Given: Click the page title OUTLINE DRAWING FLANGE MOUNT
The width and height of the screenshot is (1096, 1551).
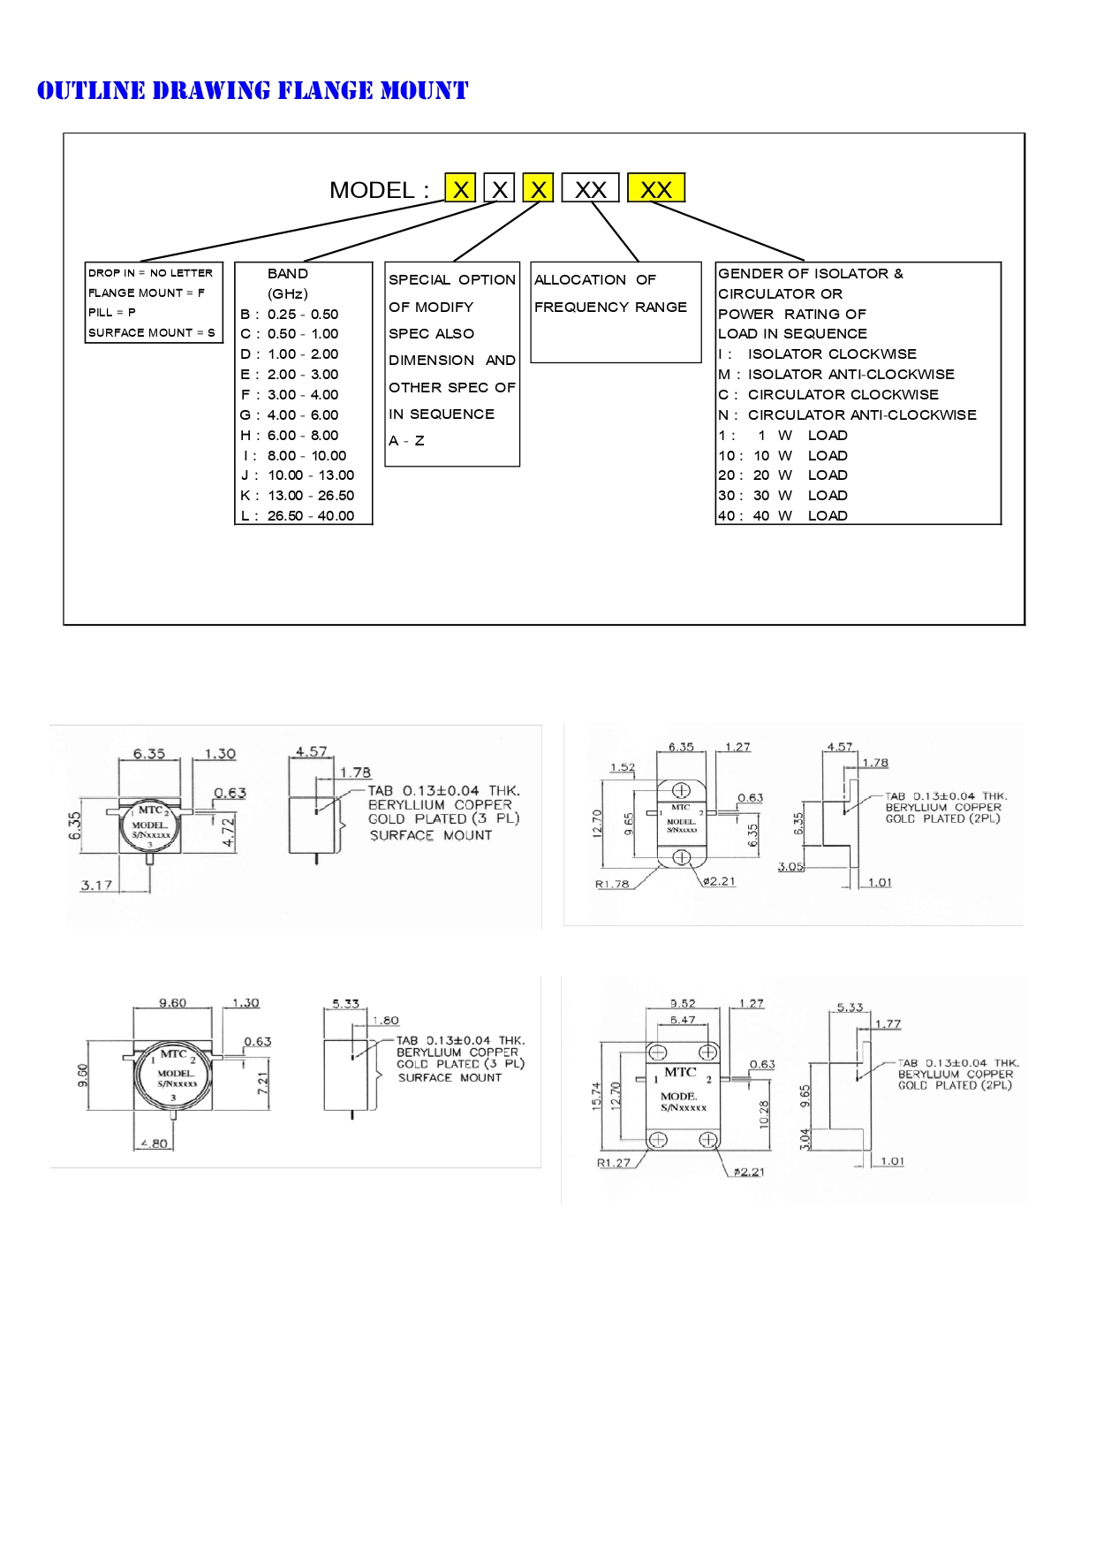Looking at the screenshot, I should click(253, 90).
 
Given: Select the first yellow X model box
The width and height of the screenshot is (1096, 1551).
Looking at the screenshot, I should click(460, 188).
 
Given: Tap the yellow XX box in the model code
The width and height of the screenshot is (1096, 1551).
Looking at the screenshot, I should click(656, 188).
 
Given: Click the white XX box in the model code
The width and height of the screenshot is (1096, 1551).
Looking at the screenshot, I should click(591, 188).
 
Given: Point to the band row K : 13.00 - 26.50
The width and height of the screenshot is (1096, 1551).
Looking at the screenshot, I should click(298, 496).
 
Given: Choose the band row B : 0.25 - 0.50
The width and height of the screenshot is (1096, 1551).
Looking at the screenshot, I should click(290, 314).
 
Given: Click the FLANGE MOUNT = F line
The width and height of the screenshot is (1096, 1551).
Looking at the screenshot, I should click(147, 293).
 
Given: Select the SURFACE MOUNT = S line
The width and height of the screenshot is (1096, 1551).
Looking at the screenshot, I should click(152, 332).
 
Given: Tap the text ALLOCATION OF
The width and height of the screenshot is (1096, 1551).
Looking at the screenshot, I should click(595, 279).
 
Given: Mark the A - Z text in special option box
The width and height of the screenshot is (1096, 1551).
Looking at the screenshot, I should click(406, 440).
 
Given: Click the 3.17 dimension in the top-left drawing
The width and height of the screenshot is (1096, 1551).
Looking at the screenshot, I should click(97, 884).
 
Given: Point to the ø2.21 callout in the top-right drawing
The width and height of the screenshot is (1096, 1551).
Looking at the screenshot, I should click(720, 881).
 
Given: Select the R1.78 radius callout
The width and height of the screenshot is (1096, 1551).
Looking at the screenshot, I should click(612, 884).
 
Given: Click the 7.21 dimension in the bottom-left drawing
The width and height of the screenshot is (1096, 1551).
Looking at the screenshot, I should click(262, 1083).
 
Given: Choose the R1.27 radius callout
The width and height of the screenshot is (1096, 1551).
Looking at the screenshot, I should click(614, 1162).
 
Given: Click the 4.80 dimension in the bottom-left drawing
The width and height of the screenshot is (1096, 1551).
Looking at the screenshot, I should click(153, 1143).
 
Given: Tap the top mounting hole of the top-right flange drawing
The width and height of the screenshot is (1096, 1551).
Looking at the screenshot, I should click(681, 790).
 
